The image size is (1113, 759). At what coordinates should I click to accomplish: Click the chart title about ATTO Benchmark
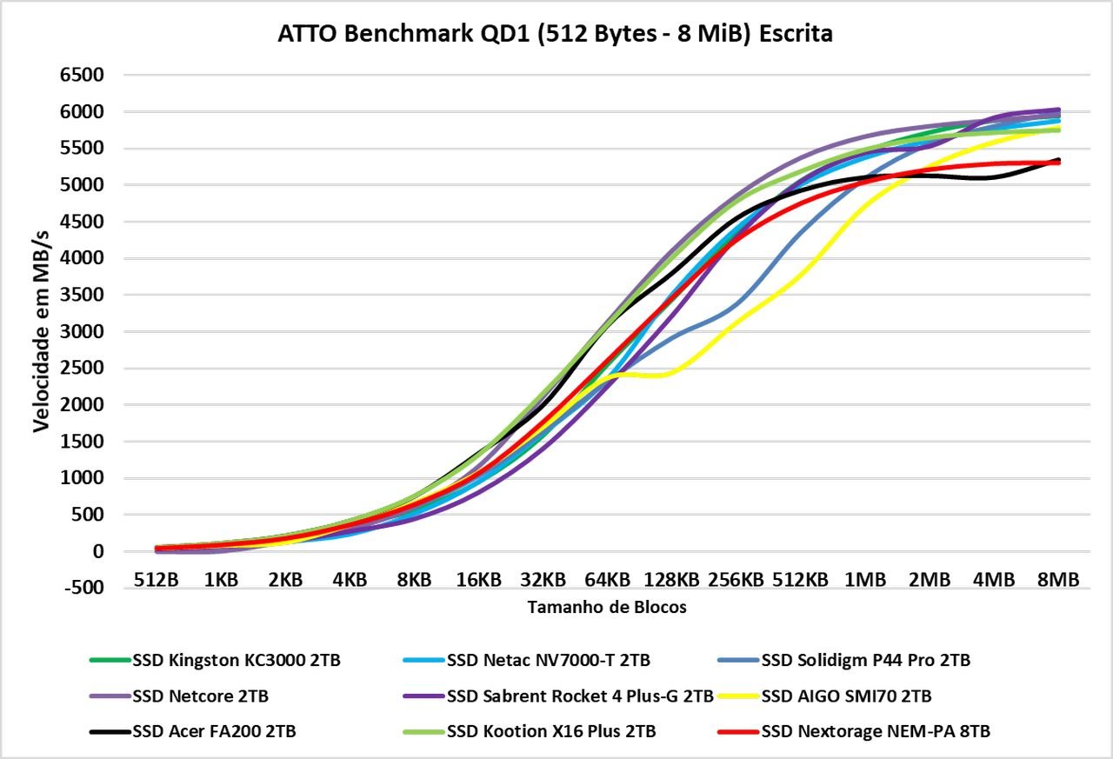coord(555,34)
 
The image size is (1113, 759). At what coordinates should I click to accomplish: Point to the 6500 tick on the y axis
coord(81,76)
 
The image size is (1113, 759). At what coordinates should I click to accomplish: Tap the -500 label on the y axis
coord(81,589)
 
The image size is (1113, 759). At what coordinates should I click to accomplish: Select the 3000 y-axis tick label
coord(81,332)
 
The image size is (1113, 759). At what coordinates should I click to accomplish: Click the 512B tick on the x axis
coord(156,579)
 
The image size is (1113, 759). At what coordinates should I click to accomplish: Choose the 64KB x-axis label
coord(606,579)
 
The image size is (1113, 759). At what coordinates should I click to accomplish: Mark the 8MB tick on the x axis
coord(1057,579)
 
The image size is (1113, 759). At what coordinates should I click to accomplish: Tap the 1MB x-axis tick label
coord(864,579)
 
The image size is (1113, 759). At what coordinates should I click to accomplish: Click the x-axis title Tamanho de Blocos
coord(607,608)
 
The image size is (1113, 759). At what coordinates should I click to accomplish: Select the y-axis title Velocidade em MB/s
coord(41,330)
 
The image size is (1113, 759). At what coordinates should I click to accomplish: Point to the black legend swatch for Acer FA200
coord(110,731)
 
